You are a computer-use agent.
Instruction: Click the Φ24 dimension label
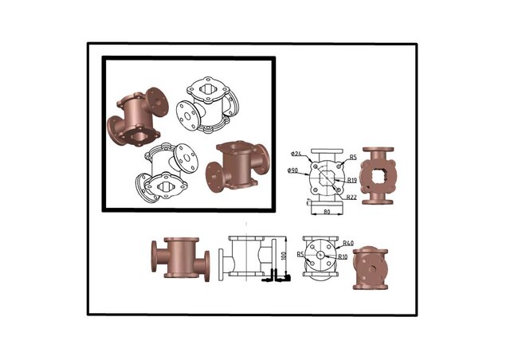(295, 154)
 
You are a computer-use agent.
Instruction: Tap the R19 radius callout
(351, 181)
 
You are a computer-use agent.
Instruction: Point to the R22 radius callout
(351, 198)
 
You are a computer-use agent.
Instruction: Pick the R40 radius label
(347, 241)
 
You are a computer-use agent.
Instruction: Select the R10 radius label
(343, 256)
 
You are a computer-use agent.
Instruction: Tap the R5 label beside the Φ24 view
(352, 157)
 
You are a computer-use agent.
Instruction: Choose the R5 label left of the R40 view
(300, 254)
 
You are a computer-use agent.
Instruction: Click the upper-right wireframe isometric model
(206, 104)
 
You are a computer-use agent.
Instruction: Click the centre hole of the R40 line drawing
(323, 256)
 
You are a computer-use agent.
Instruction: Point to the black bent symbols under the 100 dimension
(279, 276)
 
